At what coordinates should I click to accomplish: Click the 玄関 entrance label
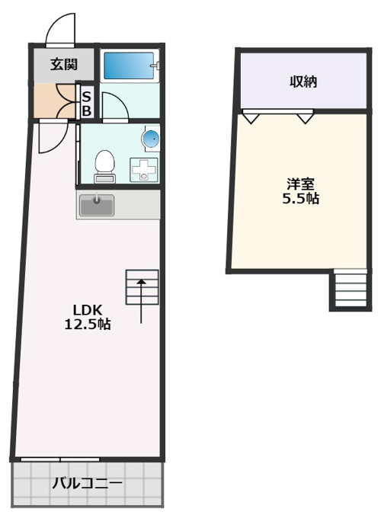click(64, 65)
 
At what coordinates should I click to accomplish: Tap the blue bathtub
click(129, 65)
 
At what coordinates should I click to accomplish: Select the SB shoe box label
click(86, 104)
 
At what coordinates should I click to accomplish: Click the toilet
click(104, 166)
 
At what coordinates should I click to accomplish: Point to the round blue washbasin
click(151, 138)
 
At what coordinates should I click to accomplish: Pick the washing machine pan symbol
click(144, 170)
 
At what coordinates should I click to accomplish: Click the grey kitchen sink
click(97, 205)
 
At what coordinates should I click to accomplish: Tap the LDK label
click(87, 310)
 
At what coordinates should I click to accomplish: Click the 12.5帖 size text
click(87, 324)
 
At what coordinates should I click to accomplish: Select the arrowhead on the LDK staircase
click(142, 282)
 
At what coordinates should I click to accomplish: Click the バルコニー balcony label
click(87, 484)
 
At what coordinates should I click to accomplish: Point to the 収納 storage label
click(303, 82)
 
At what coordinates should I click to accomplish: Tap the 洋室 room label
click(300, 184)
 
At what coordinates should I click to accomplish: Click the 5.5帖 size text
click(300, 198)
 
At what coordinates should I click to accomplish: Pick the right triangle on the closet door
click(305, 118)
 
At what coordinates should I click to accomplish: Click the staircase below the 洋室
click(351, 289)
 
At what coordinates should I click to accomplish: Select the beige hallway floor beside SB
click(55, 101)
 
